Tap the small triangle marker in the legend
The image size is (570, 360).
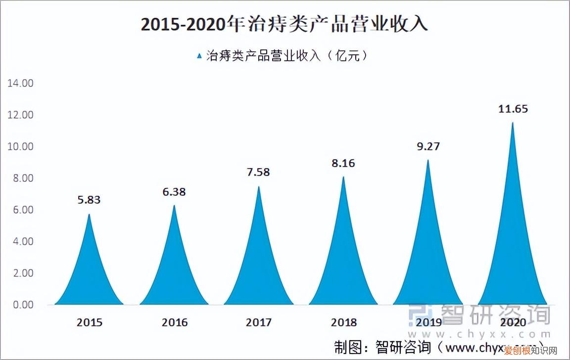(199, 56)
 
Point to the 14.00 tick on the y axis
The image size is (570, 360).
(20, 83)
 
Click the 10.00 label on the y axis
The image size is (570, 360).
(20, 146)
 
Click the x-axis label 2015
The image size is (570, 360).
(90, 322)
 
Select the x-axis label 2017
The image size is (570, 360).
(258, 322)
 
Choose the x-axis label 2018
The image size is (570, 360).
(344, 322)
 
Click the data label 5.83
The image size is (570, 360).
(90, 200)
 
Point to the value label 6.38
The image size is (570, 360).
(174, 191)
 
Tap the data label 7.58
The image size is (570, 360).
(258, 172)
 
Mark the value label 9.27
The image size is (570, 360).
(428, 146)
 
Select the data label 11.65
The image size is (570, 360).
(513, 108)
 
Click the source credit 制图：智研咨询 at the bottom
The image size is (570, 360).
(376, 347)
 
